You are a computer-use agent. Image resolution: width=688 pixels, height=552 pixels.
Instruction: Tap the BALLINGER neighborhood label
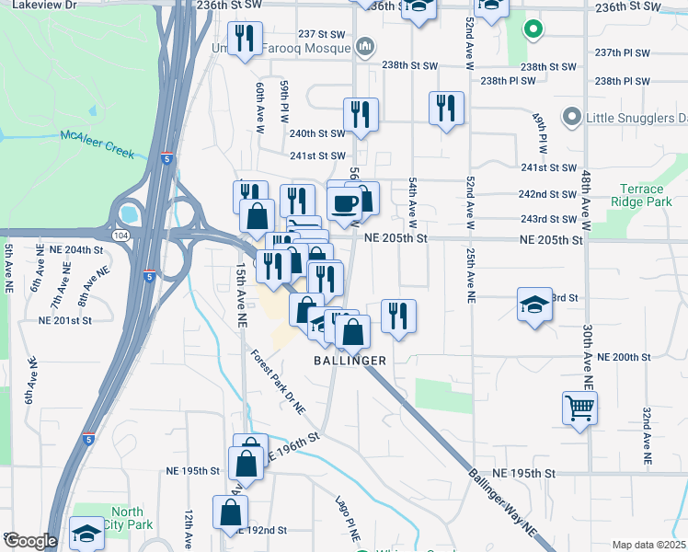350,361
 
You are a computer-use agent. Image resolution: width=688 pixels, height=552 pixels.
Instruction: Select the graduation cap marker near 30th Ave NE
534,305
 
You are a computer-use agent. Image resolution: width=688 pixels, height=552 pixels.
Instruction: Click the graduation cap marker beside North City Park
86,533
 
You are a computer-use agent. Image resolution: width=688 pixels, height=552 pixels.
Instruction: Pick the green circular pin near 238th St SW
532,29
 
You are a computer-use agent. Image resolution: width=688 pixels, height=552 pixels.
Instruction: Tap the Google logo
30,541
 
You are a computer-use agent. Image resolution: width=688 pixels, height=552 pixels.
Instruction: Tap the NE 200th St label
623,357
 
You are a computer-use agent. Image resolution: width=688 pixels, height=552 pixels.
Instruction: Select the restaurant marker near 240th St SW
358,114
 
